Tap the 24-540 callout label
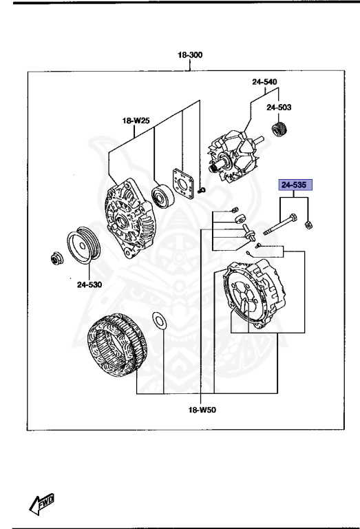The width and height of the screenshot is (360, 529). (x=264, y=82)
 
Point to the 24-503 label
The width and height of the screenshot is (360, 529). (x=279, y=107)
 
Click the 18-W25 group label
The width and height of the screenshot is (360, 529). (x=136, y=121)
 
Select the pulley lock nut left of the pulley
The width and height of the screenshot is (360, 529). (x=54, y=259)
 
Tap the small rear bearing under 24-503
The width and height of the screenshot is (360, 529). (x=279, y=129)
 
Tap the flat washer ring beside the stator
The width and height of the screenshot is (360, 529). (x=158, y=320)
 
